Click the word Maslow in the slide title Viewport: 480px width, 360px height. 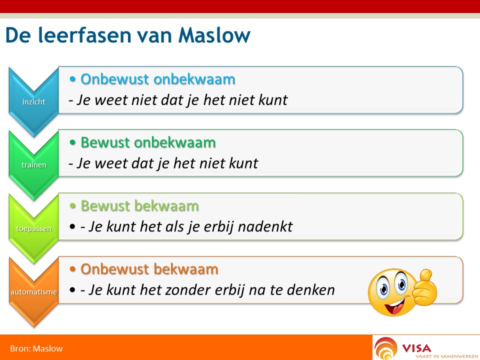pos(214,35)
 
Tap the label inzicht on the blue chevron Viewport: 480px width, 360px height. pos(33,101)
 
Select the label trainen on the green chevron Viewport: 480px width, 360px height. pos(34,165)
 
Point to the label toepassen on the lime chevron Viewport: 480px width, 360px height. pos(33,228)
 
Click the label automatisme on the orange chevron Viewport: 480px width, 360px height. pos(33,292)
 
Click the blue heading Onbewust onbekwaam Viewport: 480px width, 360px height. pos(158,79)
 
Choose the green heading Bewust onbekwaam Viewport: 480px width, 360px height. pos(148,142)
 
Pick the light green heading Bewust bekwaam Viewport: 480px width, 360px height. pos(140,206)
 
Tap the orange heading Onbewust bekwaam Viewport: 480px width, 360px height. pos(149,269)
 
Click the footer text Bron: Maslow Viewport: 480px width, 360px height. pos(36,348)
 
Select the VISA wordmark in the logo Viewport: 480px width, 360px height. pos(416,348)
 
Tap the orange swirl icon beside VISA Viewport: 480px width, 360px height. pos(385,348)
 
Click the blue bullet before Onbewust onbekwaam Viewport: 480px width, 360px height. pos(72,79)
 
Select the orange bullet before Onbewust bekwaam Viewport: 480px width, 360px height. pos(72,269)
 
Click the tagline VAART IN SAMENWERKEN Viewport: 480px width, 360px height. pos(446,356)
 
